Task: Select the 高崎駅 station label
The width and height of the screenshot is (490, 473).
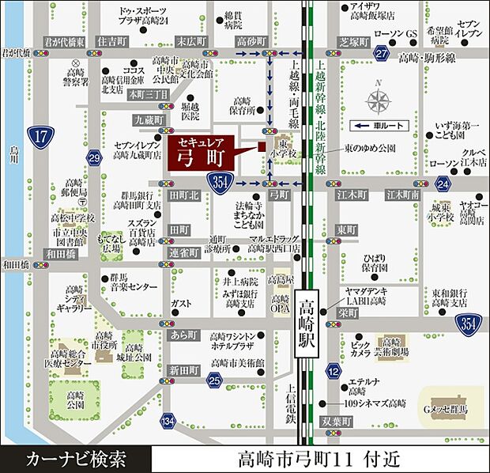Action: click(307, 321)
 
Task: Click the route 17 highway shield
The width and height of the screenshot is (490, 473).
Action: click(42, 137)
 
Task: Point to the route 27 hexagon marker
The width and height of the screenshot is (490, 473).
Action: click(382, 53)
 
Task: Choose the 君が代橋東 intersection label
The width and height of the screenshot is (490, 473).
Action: click(64, 40)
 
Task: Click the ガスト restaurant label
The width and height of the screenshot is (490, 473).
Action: click(181, 303)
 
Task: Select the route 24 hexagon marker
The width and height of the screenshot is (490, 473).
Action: click(442, 184)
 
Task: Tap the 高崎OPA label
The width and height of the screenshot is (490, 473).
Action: click(280, 303)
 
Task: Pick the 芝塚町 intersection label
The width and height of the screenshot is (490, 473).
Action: click(333, 40)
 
